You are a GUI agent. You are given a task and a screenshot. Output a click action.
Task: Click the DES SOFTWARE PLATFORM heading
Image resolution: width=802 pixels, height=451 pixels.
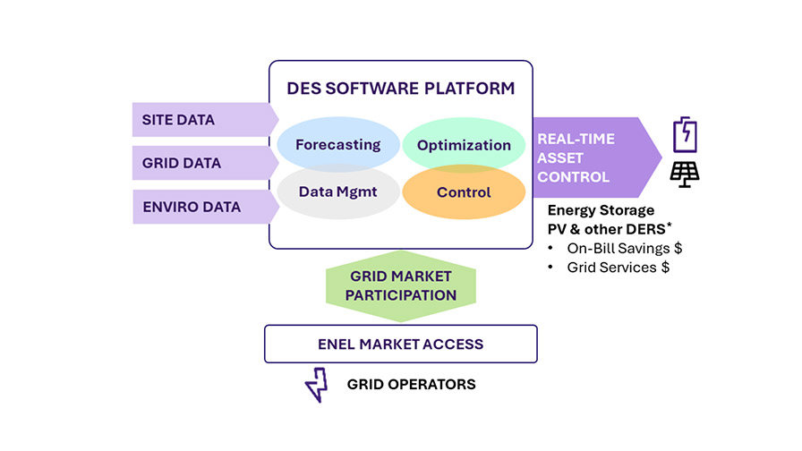click(x=400, y=89)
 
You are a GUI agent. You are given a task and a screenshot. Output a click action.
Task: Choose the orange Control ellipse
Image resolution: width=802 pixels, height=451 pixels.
click(x=464, y=192)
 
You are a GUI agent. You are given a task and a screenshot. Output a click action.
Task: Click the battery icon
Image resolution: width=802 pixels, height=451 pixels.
click(x=685, y=134)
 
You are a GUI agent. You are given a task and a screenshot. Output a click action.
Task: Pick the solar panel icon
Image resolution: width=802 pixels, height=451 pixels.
click(x=685, y=174)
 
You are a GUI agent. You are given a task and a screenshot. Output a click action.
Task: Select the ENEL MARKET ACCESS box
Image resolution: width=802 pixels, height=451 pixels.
click(x=400, y=344)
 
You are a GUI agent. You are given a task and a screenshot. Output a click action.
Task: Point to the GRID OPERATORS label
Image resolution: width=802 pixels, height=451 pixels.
click(x=411, y=385)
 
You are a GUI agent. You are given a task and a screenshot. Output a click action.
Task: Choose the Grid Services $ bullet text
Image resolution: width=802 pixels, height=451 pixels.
click(x=617, y=267)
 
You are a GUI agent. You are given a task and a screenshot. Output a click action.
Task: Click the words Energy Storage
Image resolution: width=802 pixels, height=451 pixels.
click(x=601, y=211)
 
